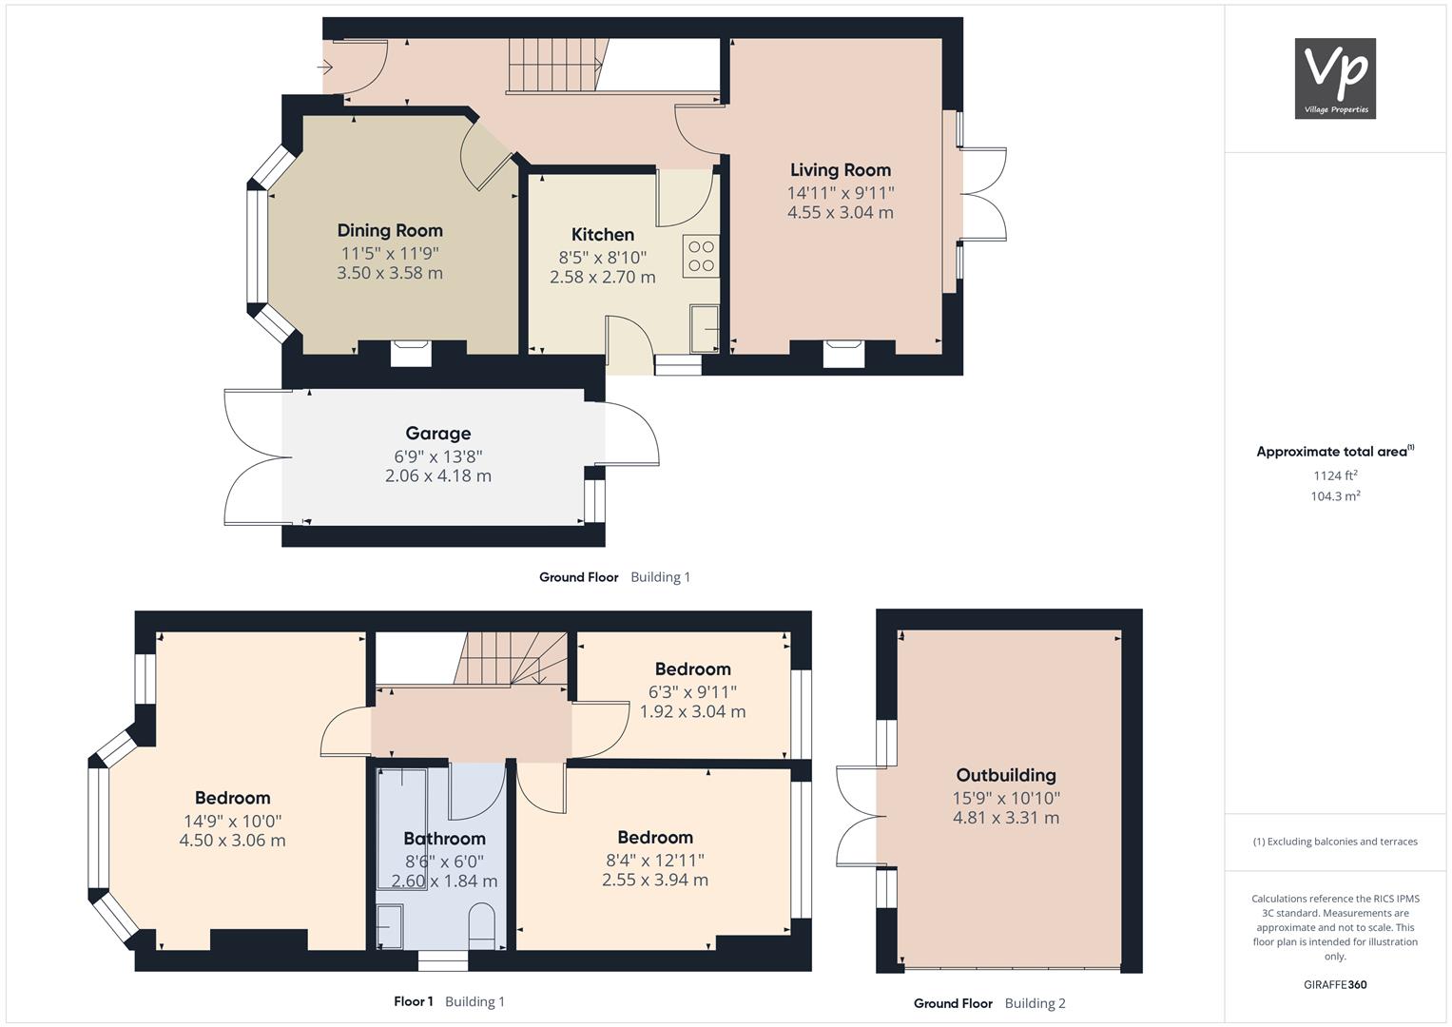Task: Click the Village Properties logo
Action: tap(1335, 78)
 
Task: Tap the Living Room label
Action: tap(840, 170)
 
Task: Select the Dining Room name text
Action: tap(390, 230)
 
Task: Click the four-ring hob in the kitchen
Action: tap(701, 256)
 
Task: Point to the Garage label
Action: tap(438, 433)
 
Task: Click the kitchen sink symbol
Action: tap(705, 329)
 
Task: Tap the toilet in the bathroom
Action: tap(482, 925)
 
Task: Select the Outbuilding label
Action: tap(1006, 775)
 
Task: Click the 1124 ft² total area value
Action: tap(1335, 475)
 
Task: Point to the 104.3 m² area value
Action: tap(1335, 496)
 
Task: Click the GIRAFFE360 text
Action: tap(1335, 984)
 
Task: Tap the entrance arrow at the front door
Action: tap(324, 67)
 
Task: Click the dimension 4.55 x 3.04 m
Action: tap(840, 212)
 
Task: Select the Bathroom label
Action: tap(444, 839)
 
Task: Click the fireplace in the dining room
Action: tap(411, 354)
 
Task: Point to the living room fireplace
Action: tap(843, 354)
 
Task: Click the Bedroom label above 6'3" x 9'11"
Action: tap(692, 669)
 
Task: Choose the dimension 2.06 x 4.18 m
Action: tap(438, 475)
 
